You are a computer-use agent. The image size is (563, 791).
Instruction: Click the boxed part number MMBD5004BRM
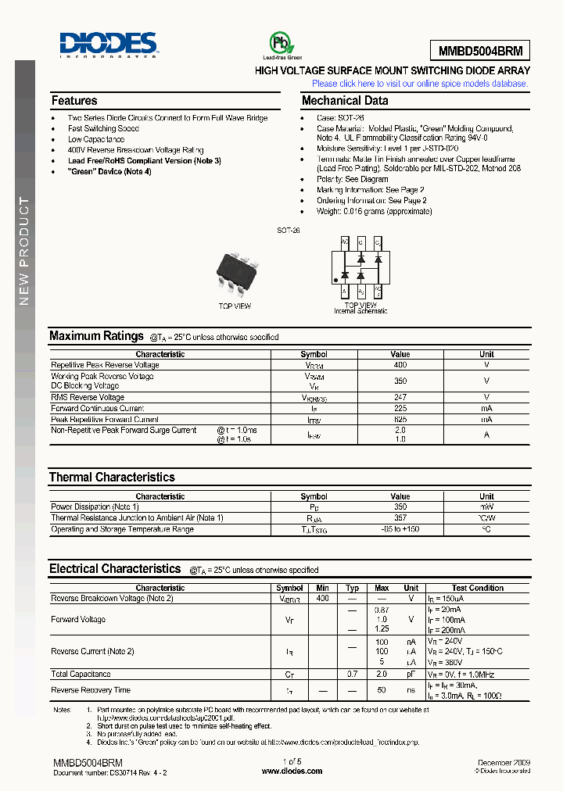[x=479, y=51]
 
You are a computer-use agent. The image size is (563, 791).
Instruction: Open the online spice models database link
[x=420, y=84]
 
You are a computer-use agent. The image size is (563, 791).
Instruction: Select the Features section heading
[x=74, y=101]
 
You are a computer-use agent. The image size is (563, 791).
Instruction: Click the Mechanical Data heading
[x=344, y=101]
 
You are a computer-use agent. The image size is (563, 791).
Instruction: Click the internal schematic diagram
[x=360, y=267]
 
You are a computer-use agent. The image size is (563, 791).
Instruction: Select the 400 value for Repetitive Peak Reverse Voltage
[x=400, y=365]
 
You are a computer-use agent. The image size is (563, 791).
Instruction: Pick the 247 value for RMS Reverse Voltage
[x=400, y=397]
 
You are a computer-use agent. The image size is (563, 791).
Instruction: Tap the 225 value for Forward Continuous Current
[x=400, y=408]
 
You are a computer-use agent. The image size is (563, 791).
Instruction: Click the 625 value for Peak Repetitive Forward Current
[x=400, y=419]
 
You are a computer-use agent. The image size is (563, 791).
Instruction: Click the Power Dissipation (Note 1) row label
[x=95, y=507]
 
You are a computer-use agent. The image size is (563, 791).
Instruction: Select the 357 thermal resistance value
[x=400, y=518]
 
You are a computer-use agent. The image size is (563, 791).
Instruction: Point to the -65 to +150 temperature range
[x=400, y=529]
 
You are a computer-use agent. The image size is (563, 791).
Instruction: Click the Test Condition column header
[x=478, y=588]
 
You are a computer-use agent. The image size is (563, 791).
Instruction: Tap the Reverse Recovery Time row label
[x=91, y=690]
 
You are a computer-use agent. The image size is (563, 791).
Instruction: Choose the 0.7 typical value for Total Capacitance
[x=353, y=674]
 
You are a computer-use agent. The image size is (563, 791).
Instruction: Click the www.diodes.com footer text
[x=292, y=771]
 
